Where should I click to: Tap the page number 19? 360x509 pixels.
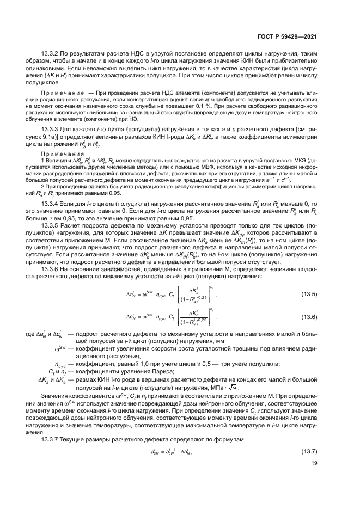click(x=314, y=464)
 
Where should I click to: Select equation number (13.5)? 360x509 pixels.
click(x=309, y=295)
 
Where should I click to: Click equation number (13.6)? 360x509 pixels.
click(x=309, y=317)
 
